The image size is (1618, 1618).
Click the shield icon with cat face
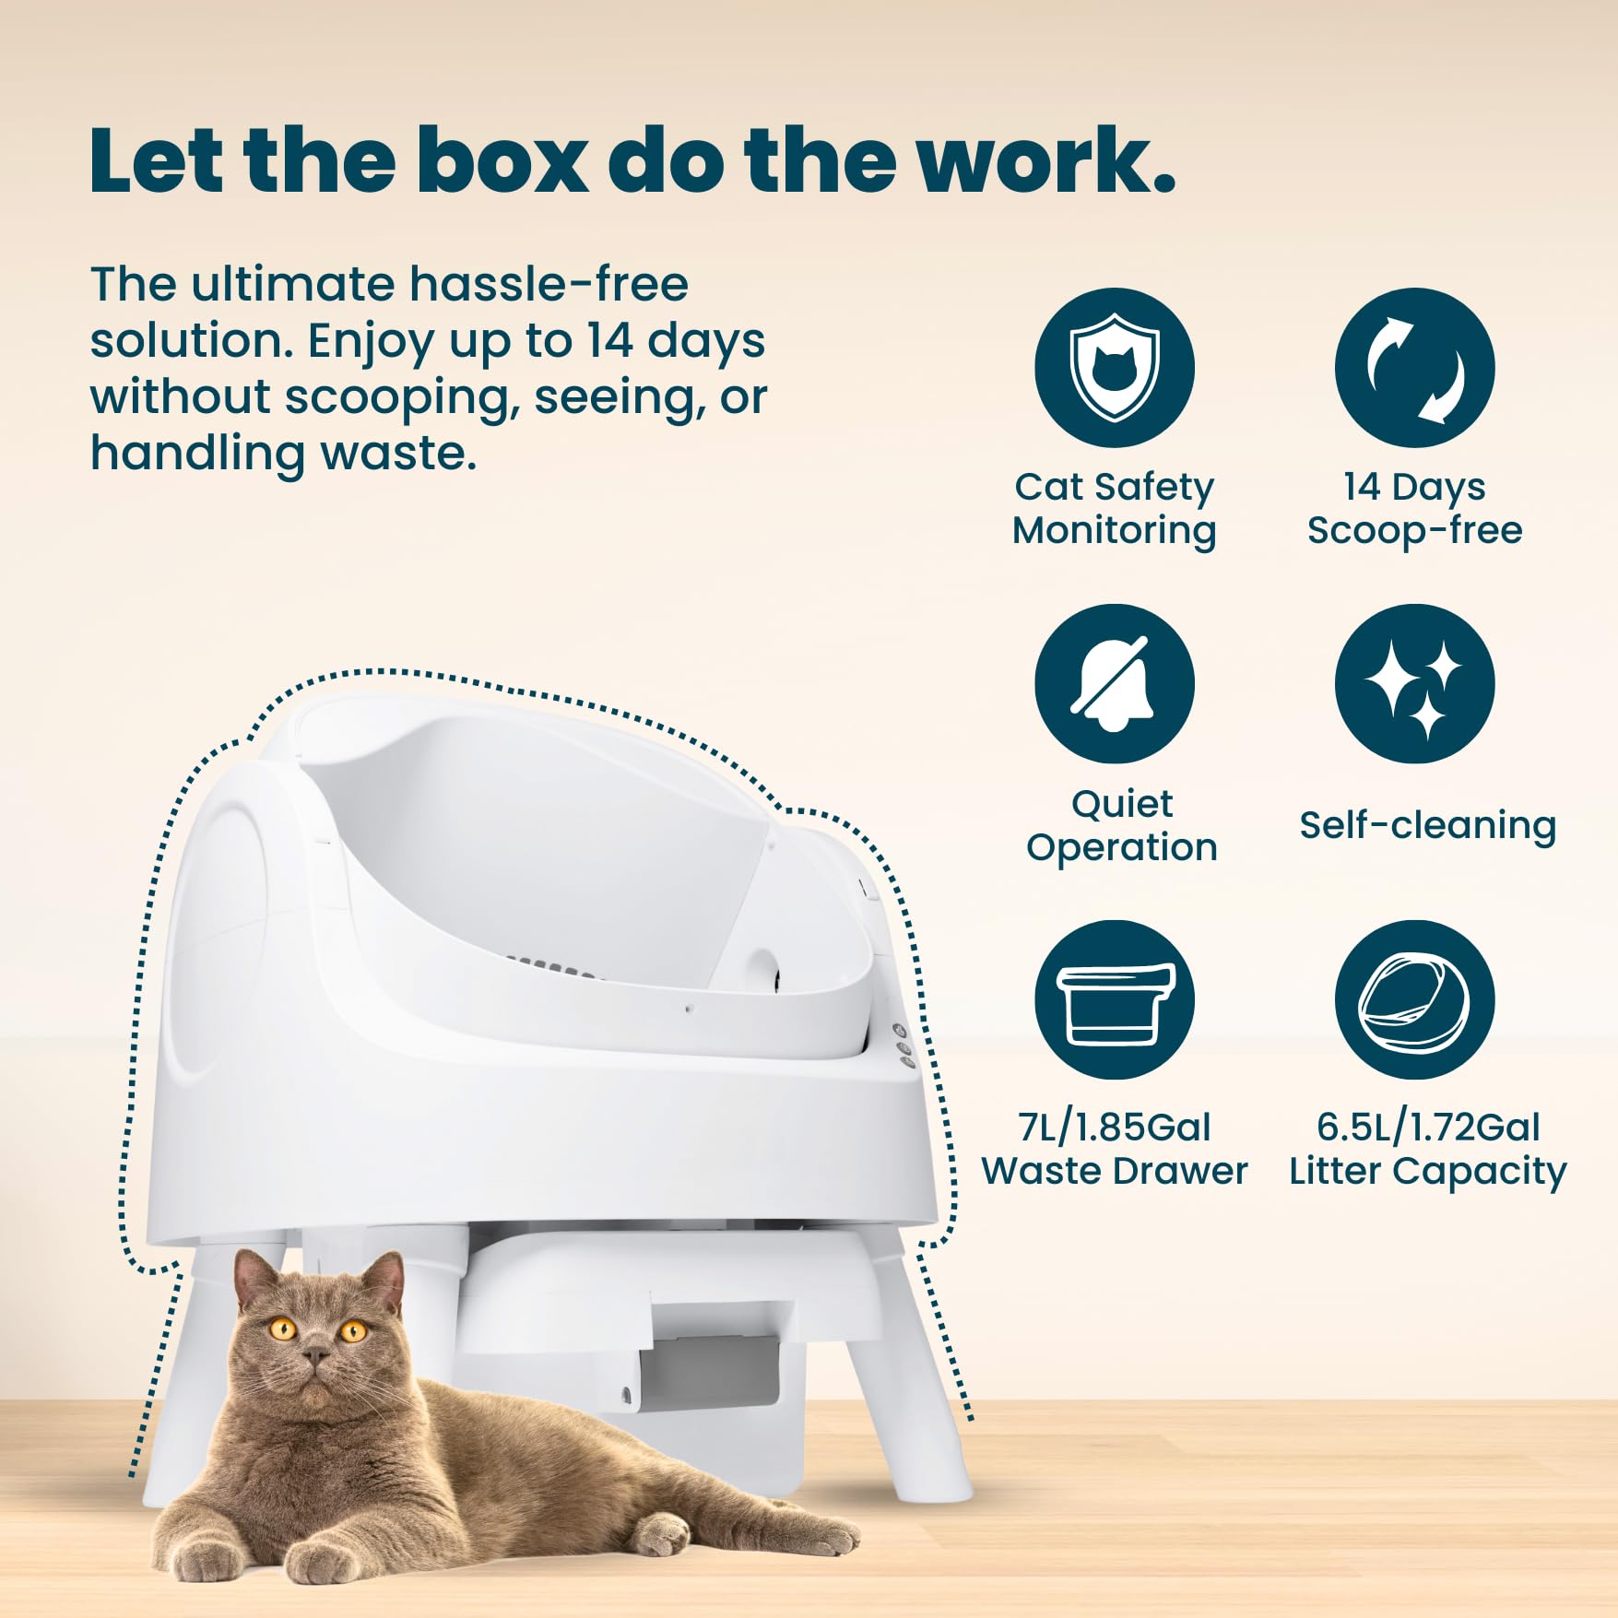[x=1114, y=368]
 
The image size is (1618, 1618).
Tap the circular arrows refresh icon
[x=1414, y=368]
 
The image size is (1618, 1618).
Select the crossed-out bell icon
[x=1114, y=684]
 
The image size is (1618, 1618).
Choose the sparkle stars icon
[x=1414, y=684]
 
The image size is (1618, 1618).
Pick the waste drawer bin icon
[x=1114, y=1000]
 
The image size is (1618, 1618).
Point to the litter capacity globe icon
[x=1414, y=1000]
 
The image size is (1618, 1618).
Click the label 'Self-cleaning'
[x=1427, y=825]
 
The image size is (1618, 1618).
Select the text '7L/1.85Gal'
[x=1114, y=1127]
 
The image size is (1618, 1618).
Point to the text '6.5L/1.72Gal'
[x=1427, y=1127]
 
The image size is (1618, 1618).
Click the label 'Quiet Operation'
[x=1121, y=825]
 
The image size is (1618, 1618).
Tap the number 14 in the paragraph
[x=608, y=340]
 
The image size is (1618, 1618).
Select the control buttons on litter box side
[x=903, y=1046]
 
